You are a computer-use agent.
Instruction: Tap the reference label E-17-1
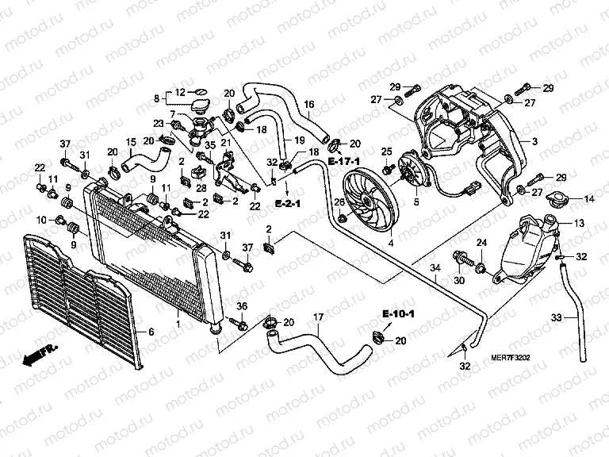click(342, 162)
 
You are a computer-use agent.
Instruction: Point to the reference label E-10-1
click(396, 314)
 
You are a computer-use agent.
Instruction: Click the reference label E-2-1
click(289, 204)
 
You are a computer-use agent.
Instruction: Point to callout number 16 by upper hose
click(308, 104)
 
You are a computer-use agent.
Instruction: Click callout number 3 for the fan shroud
click(535, 141)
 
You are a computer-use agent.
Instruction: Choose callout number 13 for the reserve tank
click(578, 225)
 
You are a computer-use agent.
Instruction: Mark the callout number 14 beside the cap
click(588, 198)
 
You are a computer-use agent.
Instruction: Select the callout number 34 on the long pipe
click(434, 269)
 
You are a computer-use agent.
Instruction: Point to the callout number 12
click(179, 92)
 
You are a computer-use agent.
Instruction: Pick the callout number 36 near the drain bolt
click(243, 306)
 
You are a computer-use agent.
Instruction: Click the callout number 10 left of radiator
click(42, 219)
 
